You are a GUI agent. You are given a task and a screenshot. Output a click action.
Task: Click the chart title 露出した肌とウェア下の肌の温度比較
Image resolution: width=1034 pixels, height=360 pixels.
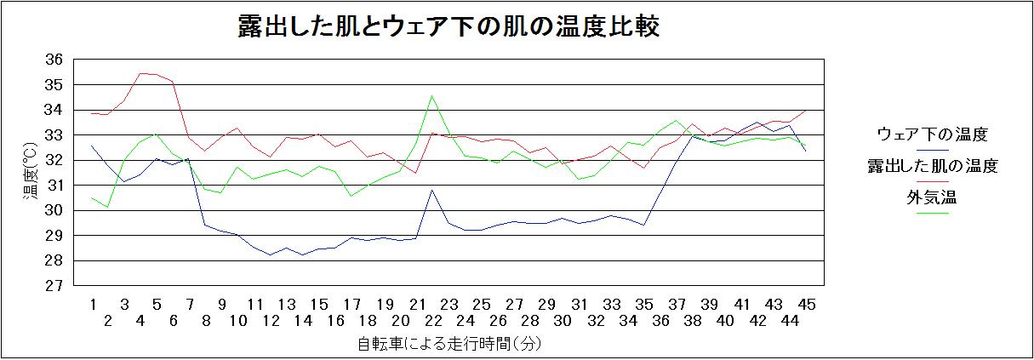[448, 27]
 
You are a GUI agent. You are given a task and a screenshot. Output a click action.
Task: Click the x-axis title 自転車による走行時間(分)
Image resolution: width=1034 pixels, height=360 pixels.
[448, 345]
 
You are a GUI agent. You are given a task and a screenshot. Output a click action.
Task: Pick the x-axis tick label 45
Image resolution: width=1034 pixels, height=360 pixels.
[806, 304]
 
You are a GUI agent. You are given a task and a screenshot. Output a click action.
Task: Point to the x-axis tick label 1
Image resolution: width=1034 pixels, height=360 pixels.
[91, 304]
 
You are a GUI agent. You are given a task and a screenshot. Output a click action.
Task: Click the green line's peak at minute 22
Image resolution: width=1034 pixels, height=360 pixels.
[433, 95]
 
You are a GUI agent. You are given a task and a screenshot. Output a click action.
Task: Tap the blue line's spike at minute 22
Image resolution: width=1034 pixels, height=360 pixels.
[433, 190]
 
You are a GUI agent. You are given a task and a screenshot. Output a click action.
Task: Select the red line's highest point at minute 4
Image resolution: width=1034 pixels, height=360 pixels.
[140, 73]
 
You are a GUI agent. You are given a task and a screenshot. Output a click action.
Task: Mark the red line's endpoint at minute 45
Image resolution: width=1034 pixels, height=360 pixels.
[806, 111]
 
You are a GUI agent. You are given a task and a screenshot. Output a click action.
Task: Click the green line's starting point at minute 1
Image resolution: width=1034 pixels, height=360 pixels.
[91, 197]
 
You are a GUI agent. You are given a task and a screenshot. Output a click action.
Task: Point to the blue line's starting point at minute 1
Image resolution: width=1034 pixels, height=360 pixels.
[91, 146]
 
